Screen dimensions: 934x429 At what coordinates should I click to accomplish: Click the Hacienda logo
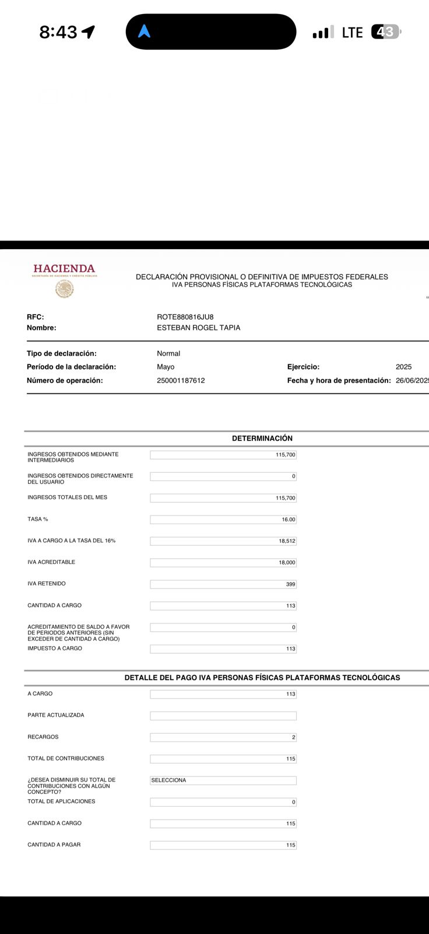(x=64, y=279)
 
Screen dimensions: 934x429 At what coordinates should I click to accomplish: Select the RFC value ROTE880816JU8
(x=185, y=317)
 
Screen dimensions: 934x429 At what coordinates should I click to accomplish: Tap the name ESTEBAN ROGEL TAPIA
(x=198, y=328)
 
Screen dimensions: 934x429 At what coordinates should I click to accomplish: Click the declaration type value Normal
(x=168, y=354)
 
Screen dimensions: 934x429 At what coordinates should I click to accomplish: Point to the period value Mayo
(x=166, y=367)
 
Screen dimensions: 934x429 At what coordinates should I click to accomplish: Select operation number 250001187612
(x=181, y=381)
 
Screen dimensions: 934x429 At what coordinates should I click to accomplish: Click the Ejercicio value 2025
(x=403, y=367)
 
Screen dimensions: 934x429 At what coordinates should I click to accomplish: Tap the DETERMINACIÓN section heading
(x=262, y=438)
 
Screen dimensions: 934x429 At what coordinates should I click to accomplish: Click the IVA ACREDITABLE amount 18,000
(x=286, y=563)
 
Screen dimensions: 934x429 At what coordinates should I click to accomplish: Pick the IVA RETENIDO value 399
(x=290, y=584)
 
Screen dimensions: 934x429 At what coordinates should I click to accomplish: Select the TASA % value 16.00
(x=289, y=520)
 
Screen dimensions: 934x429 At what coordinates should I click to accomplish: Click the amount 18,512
(x=287, y=541)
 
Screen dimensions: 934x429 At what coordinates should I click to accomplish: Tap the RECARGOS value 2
(x=293, y=737)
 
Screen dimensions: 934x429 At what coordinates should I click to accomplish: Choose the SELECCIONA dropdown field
(x=223, y=780)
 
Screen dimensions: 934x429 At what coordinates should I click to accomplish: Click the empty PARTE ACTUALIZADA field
(x=223, y=716)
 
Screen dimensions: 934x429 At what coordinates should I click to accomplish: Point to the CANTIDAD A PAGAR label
(x=54, y=845)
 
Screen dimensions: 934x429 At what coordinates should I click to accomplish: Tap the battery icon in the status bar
(x=386, y=32)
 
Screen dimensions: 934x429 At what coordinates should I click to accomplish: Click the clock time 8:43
(x=58, y=32)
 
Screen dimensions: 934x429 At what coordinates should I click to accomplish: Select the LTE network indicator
(x=352, y=33)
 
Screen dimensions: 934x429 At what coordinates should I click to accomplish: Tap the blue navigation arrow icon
(x=145, y=32)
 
